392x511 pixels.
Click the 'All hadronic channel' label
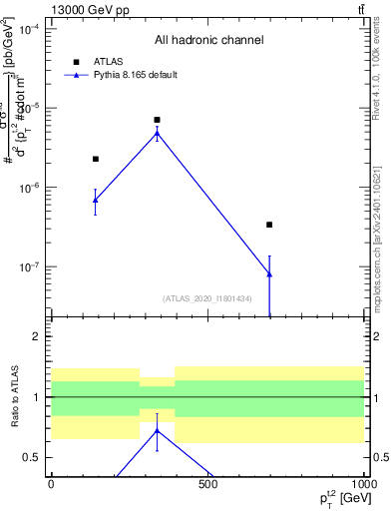pos(208,41)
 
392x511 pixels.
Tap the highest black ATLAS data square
pos(157,120)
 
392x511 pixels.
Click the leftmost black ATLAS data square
pos(96,159)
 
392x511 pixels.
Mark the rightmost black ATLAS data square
pos(269,225)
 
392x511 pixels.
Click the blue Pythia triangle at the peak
pos(157,133)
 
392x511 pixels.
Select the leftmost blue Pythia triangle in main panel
pos(96,201)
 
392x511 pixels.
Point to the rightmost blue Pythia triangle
pos(269,273)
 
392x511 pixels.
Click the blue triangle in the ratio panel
pos(157,431)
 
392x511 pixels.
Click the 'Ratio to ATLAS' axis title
pos(14,396)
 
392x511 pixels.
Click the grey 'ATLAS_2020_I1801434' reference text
pos(207,298)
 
